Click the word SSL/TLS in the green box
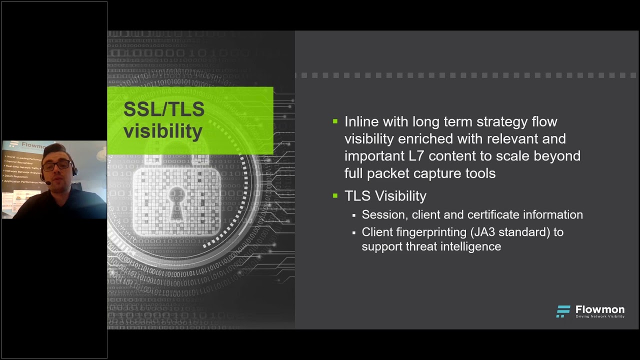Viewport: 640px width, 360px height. click(164, 109)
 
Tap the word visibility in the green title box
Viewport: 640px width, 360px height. click(163, 131)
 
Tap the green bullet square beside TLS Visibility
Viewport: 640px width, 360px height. click(335, 195)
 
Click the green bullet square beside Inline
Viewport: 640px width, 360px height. click(335, 121)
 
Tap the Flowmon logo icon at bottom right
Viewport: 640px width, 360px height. click(563, 311)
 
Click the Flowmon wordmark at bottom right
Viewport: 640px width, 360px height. click(599, 309)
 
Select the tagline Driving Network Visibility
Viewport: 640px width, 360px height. click(599, 316)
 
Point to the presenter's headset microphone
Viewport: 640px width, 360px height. click(48, 183)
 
